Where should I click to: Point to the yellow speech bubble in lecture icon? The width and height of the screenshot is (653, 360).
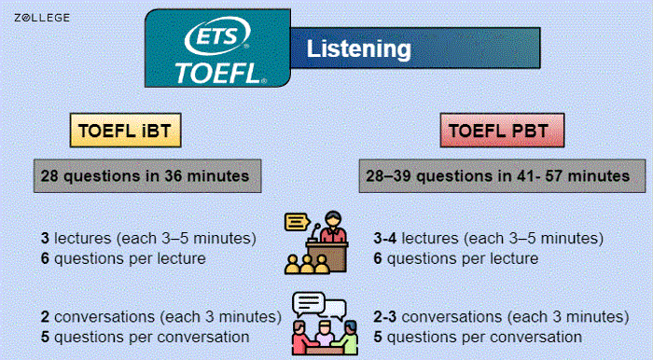(297, 223)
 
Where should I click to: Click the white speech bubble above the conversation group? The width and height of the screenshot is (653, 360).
(310, 304)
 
